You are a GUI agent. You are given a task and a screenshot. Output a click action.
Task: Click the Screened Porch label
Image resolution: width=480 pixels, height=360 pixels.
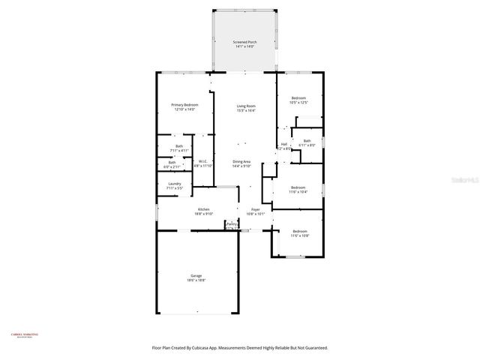(x=244, y=44)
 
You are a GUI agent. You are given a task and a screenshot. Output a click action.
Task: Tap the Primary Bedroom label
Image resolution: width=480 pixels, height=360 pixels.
(x=183, y=107)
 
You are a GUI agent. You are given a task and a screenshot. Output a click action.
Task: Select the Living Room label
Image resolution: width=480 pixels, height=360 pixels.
(x=246, y=108)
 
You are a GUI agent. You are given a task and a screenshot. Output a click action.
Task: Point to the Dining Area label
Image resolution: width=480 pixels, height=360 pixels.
(x=241, y=163)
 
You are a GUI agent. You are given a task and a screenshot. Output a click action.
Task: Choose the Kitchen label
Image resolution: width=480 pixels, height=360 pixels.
(x=203, y=211)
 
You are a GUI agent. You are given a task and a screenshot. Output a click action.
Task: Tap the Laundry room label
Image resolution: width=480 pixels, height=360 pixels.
(x=174, y=185)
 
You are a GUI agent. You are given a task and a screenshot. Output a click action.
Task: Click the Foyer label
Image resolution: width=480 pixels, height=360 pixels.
(x=255, y=211)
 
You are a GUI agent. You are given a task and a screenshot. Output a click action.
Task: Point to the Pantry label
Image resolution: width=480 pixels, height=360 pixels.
(x=232, y=224)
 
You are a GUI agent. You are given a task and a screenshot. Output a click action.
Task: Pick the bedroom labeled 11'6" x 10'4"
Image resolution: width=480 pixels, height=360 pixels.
(x=298, y=189)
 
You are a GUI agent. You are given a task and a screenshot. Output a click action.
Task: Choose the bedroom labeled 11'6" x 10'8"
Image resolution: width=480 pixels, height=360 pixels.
(x=298, y=233)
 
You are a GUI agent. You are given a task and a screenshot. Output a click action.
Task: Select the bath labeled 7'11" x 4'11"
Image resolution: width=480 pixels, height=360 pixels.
(x=178, y=148)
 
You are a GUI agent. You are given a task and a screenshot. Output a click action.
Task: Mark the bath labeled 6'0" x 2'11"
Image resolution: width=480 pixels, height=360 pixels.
(x=172, y=164)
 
